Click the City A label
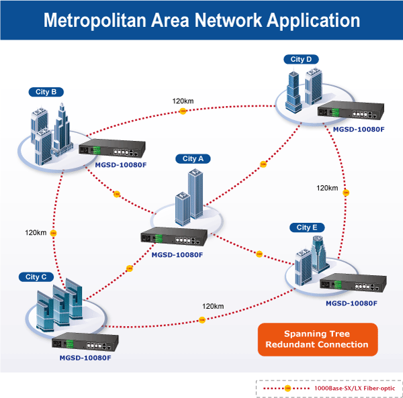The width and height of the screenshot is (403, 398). (193, 158)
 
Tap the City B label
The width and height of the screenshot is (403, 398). (46, 92)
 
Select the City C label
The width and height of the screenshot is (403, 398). (36, 277)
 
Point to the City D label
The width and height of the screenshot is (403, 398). (301, 59)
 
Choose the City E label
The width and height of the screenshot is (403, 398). (307, 228)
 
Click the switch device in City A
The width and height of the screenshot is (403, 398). (174, 236)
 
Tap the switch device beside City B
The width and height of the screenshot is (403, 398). (112, 148)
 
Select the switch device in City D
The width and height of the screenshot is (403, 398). (351, 111)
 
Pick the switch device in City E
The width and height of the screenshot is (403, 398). (353, 283)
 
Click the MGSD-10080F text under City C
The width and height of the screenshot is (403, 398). (85, 358)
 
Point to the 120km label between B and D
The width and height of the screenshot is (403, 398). (183, 101)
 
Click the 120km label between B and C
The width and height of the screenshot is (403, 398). (36, 233)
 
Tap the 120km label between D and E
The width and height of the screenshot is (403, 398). (327, 188)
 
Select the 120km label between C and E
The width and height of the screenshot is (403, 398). (213, 306)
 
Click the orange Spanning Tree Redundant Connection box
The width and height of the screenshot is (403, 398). (318, 339)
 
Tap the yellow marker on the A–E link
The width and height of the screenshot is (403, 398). (259, 254)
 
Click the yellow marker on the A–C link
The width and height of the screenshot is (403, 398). (130, 268)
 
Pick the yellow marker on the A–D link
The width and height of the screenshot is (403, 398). (263, 164)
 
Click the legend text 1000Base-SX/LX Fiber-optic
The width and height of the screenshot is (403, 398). (355, 388)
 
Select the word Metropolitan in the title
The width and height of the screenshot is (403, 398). (95, 21)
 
